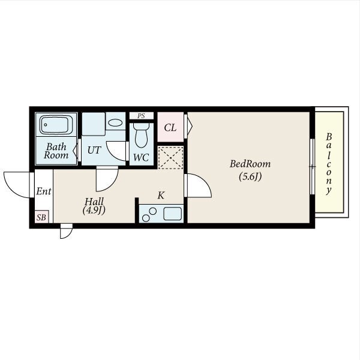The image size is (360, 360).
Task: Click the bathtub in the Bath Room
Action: coord(56,124)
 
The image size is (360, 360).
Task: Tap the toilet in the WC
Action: coord(141,135)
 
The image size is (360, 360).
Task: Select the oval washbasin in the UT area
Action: coord(115,122)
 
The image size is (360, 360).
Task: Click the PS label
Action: coord(141,116)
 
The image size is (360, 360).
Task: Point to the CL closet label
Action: coord(170,128)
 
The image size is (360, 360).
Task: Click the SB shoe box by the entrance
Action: coord(41,217)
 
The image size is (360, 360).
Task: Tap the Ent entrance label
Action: coord(44,191)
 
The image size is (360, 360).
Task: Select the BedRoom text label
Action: coord(250,164)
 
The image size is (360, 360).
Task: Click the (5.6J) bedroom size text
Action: coord(250,176)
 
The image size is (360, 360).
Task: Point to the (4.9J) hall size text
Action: coord(94,210)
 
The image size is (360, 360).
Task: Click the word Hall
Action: coord(94,202)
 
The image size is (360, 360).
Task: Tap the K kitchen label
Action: coord(161,196)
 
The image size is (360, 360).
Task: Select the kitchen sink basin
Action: coord(172,214)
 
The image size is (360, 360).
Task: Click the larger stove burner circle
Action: coord(146,218)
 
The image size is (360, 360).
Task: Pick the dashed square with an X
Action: coord(170,157)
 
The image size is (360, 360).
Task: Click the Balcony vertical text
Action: coord(329,164)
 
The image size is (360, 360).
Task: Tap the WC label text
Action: coord(141,157)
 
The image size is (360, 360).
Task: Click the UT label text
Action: coord(94,150)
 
